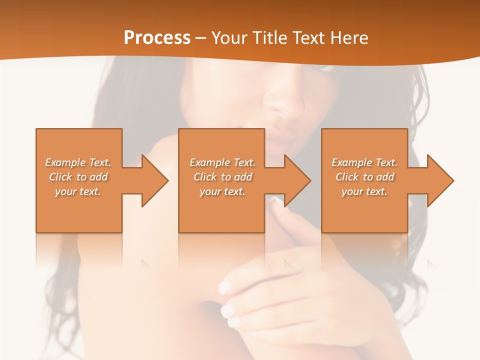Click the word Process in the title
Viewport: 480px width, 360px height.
(x=157, y=38)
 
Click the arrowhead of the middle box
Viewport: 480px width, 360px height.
(x=297, y=180)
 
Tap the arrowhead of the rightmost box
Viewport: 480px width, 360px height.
(x=440, y=180)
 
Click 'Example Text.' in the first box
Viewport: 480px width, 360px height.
(x=78, y=162)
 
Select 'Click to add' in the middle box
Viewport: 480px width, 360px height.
(x=222, y=177)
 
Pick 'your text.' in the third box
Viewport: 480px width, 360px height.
(x=364, y=191)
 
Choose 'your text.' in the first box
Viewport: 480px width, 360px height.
(x=78, y=191)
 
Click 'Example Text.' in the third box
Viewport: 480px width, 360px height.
(x=364, y=162)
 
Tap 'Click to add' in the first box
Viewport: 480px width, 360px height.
(x=78, y=177)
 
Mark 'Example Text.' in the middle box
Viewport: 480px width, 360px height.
(x=222, y=162)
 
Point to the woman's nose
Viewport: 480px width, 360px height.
(x=282, y=102)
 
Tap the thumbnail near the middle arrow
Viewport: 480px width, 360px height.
(x=276, y=199)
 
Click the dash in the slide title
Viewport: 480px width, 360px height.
(x=201, y=38)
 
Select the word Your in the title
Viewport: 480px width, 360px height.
(x=229, y=38)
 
